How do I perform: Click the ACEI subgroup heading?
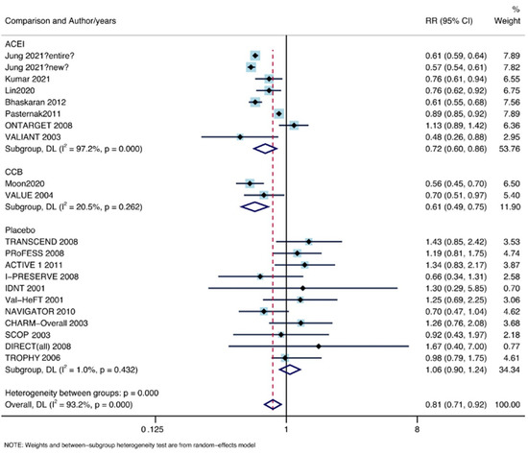pos(16,44)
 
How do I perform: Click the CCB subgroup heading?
pos(15,172)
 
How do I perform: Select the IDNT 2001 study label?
pos(31,288)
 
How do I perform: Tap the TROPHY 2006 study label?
pos(36,357)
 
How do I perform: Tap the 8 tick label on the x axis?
pos(417,425)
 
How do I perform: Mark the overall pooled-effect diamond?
pos(271,404)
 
